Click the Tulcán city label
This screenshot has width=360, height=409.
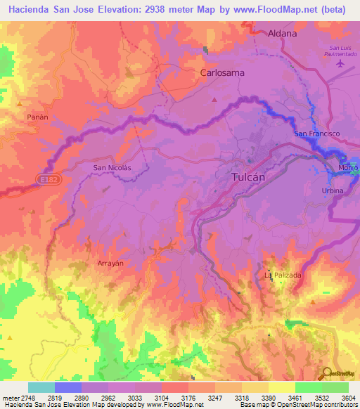coord(248,178)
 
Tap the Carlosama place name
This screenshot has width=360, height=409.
coord(221,72)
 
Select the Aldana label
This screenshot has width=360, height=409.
coord(283,33)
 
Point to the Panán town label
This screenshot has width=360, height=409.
coord(37,117)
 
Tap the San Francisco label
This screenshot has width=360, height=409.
coord(316,134)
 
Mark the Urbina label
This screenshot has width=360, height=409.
coord(333,191)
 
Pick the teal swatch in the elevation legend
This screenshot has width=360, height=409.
coord(41,387)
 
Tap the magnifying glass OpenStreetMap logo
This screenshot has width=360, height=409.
coord(328,373)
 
